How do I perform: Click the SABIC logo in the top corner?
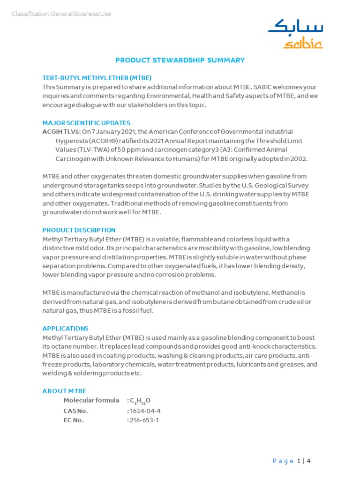click(x=295, y=34)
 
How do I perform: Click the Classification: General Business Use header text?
click(x=61, y=14)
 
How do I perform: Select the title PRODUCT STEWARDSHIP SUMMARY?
click(x=180, y=60)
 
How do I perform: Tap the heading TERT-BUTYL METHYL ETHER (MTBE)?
click(x=97, y=78)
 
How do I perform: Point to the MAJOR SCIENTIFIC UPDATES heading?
click(x=86, y=123)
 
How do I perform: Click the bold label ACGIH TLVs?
click(x=61, y=132)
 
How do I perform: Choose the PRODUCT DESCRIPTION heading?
click(x=79, y=230)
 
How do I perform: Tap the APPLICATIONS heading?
click(x=65, y=329)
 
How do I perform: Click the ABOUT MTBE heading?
click(x=64, y=391)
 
